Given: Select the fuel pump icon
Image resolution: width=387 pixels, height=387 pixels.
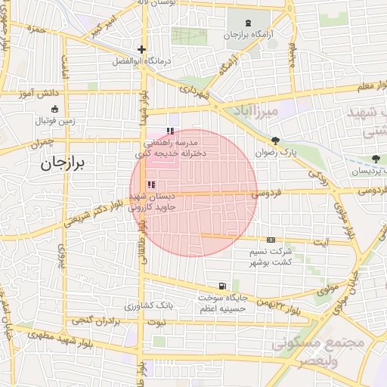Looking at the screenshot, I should pos(221,286).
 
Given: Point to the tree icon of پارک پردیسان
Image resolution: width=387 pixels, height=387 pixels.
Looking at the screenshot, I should pos(376,159).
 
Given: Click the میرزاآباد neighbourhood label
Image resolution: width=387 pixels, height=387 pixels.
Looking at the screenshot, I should pos(259,112).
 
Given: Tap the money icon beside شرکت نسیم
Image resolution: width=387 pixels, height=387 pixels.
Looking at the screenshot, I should pos(271,240).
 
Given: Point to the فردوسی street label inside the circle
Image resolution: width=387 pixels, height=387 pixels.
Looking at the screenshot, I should pos(265,194).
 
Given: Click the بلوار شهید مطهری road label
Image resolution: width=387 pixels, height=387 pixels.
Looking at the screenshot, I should pos(49,333).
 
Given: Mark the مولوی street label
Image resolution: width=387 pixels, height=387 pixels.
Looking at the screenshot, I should pos(328,288).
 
